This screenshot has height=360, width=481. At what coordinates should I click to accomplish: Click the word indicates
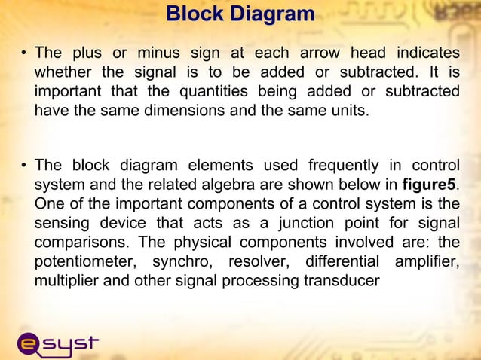[x=424, y=54]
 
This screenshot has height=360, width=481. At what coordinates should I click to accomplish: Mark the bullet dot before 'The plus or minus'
[x=24, y=54]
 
